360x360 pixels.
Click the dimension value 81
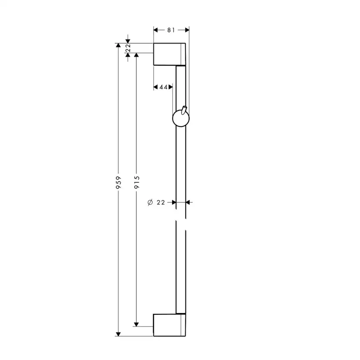tap(171, 30)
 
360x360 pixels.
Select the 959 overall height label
tap(118, 183)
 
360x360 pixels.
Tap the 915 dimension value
tap(137, 182)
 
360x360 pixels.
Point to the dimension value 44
tap(163, 87)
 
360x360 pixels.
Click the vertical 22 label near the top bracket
tap(128, 48)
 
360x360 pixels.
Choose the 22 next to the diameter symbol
tap(161, 203)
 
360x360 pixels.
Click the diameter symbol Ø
tap(150, 203)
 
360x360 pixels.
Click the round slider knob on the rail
tap(181, 118)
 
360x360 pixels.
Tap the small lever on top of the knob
tap(184, 110)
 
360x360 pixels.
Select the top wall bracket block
tap(170, 54)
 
